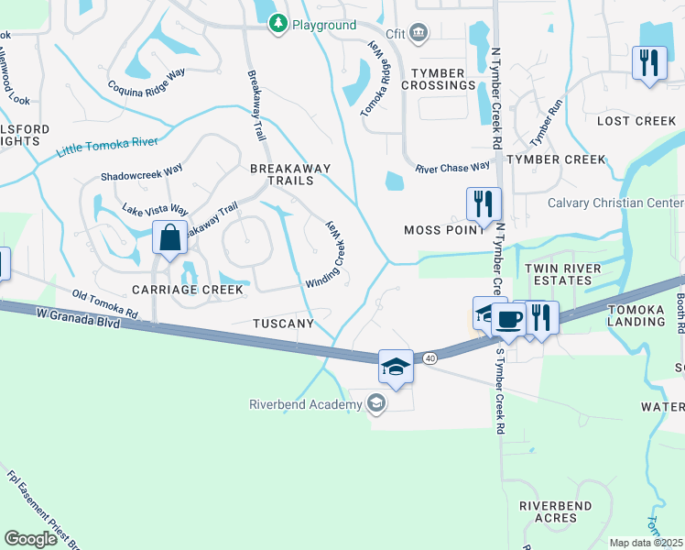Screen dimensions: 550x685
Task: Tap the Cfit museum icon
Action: point(419,34)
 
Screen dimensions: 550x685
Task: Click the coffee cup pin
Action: point(509,319)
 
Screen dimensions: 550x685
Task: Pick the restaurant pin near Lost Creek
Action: point(649,63)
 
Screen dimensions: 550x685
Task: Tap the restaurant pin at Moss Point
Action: point(484,203)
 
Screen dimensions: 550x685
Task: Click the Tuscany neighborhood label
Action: point(284,324)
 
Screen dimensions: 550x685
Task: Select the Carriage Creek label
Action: point(188,290)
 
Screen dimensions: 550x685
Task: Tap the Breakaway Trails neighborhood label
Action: point(282,174)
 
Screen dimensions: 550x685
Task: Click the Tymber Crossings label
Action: point(443,79)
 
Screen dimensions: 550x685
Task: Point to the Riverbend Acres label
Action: point(555,511)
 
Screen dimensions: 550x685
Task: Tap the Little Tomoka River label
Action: point(107,147)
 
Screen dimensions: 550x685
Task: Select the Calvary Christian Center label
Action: point(614,203)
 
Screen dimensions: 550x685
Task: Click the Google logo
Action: point(30,538)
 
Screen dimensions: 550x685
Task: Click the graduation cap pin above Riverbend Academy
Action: point(395,367)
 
